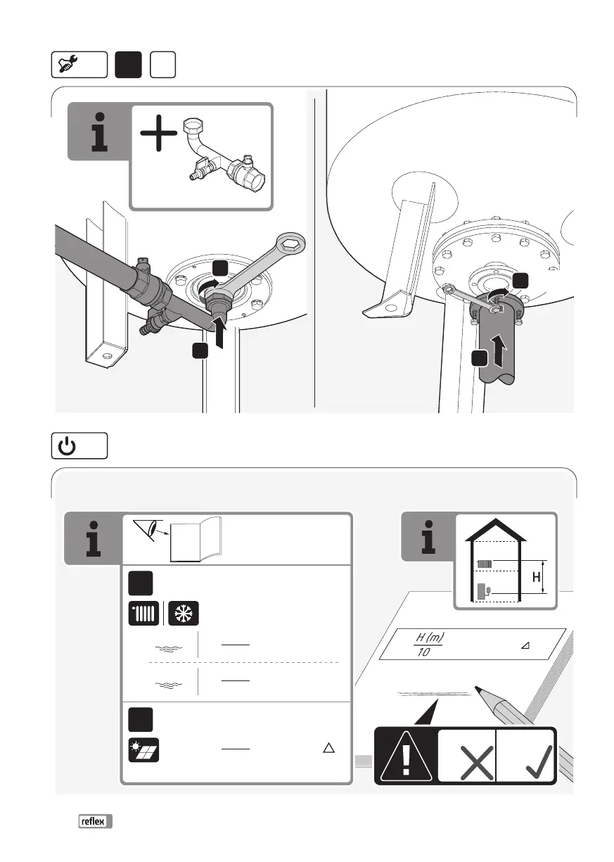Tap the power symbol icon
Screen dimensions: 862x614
[x=65, y=446]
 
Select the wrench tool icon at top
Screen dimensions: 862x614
[x=68, y=65]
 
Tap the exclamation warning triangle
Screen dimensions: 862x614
[x=406, y=756]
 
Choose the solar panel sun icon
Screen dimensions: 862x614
[x=144, y=749]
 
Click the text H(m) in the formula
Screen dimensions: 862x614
[x=429, y=638]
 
